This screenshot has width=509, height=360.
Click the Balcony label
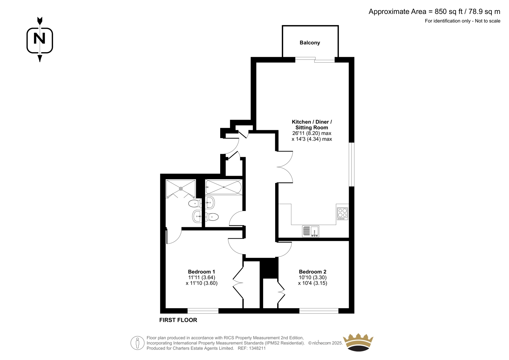pyautogui.click(x=310, y=43)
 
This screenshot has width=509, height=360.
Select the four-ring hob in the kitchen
pyautogui.click(x=342, y=214)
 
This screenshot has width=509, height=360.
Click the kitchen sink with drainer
pyautogui.click(x=310, y=231)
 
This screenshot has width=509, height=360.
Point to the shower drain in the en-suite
pyautogui.click(x=181, y=188)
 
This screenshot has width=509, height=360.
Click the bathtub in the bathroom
pyautogui.click(x=224, y=187)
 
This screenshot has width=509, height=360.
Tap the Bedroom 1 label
pyautogui.click(x=201, y=272)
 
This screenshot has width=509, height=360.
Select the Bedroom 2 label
pyautogui.click(x=312, y=272)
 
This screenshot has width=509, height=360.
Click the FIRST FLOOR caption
pyautogui.click(x=178, y=320)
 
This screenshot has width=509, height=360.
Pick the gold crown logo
pyautogui.click(x=358, y=342)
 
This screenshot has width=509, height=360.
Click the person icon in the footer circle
pyautogui.click(x=137, y=343)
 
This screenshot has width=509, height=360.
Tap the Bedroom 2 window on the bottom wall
pyautogui.click(x=319, y=311)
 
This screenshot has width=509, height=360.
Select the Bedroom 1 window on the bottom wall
pyautogui.click(x=203, y=311)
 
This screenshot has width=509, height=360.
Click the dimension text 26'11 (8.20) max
pyautogui.click(x=311, y=133)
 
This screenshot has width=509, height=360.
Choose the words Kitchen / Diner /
pyautogui.click(x=312, y=122)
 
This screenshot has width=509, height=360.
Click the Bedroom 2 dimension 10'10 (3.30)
pyautogui.click(x=312, y=278)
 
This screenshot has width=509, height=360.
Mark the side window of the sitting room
pyautogui.click(x=352, y=165)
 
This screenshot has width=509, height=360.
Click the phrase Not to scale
pyautogui.click(x=488, y=21)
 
